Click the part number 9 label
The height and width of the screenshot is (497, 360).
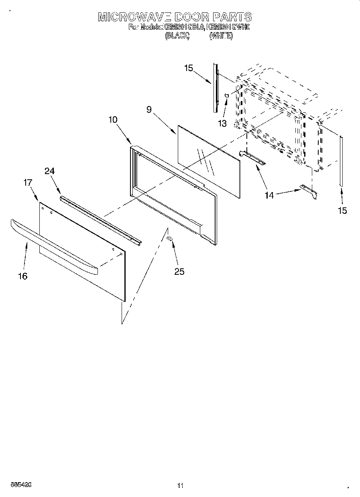(x=149, y=109)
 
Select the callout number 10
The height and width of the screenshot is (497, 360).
(x=113, y=120)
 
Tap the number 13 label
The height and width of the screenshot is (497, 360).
(x=222, y=123)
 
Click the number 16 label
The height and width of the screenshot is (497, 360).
(x=23, y=276)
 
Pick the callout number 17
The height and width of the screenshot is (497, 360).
(x=28, y=183)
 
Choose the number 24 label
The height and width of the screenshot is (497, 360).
(x=49, y=171)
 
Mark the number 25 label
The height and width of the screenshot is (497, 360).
(x=179, y=272)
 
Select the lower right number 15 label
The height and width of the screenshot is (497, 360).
(x=342, y=210)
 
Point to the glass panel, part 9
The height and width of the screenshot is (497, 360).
(x=209, y=160)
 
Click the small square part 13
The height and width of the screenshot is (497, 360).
(x=227, y=95)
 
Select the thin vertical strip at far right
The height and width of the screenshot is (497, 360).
(x=341, y=160)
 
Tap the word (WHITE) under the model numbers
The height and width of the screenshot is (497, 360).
(x=221, y=36)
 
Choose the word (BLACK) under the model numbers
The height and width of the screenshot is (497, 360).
(x=177, y=36)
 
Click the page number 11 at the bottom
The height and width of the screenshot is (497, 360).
(x=180, y=486)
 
